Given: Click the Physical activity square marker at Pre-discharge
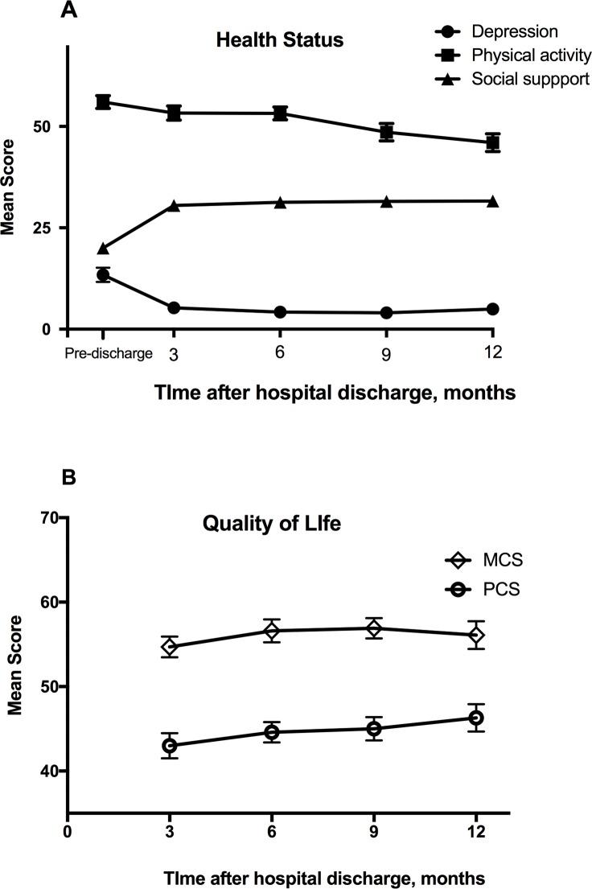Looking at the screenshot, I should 103,101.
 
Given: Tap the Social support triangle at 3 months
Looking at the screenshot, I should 173,205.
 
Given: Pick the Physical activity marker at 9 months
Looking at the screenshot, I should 387,132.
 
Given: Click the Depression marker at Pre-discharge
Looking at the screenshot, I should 103,275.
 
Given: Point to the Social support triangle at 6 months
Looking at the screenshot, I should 280,202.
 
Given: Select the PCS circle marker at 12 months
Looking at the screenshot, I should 476,718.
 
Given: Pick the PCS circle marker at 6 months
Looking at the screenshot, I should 272,731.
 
